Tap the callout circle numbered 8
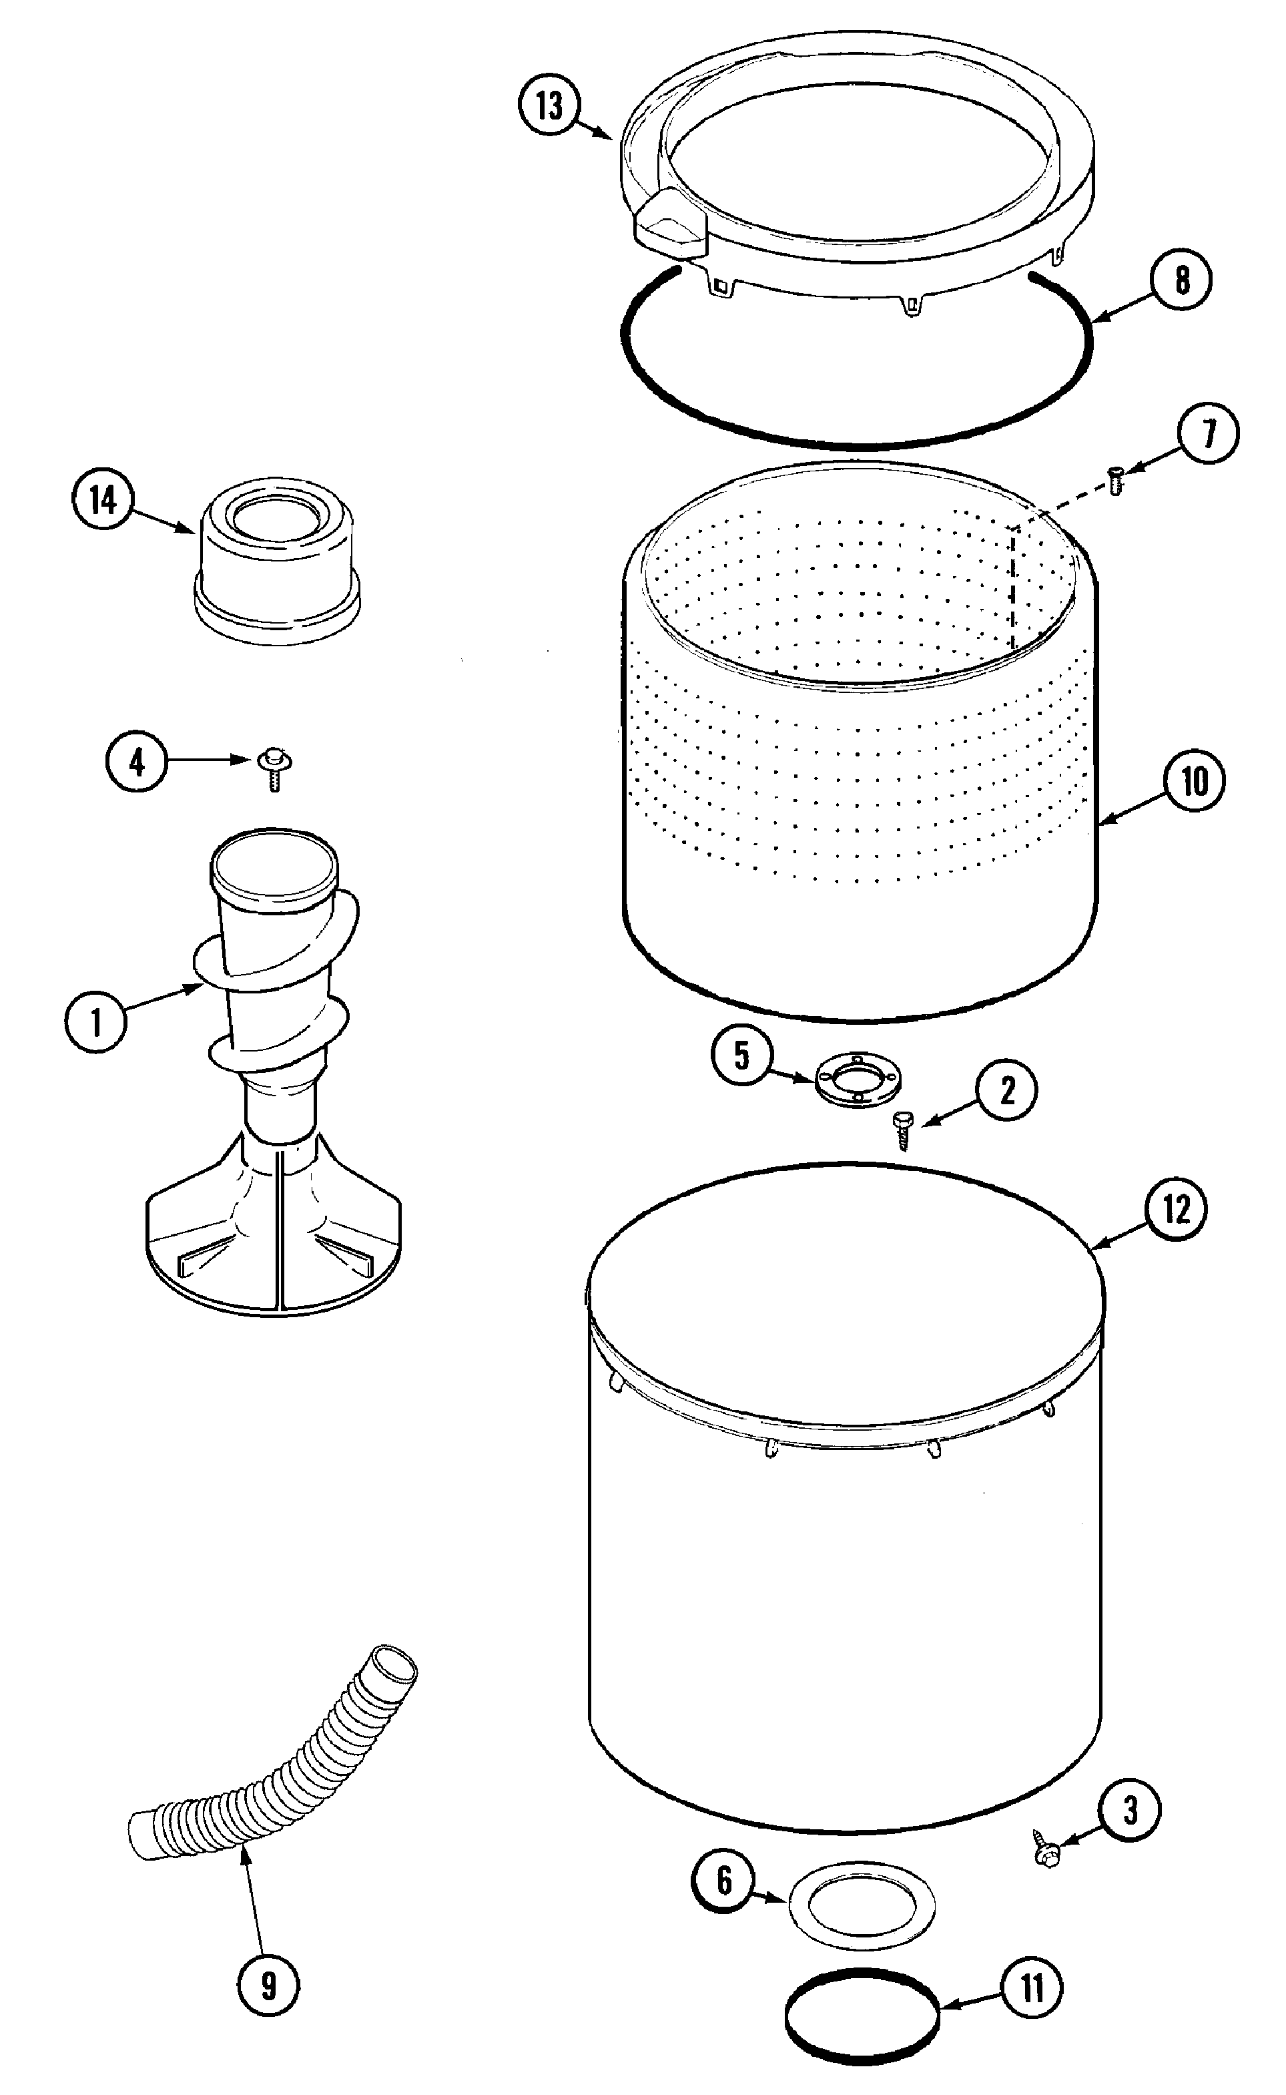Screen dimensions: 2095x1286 click(x=1181, y=280)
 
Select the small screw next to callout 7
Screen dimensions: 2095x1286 click(x=1115, y=480)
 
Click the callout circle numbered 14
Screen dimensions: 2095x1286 click(x=103, y=500)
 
